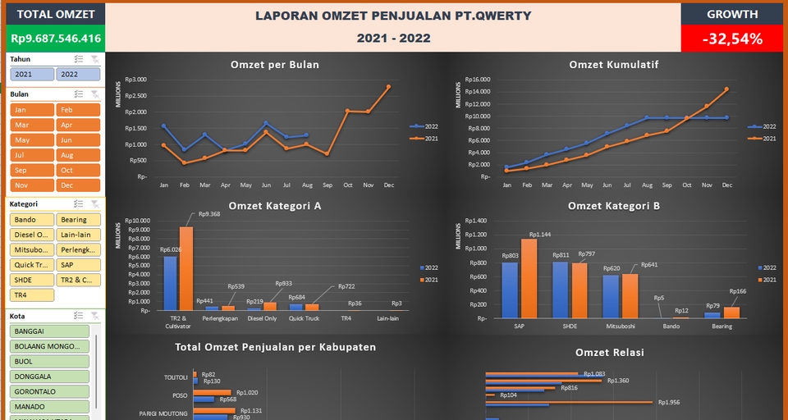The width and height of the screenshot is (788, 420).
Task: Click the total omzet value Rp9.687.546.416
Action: pos(56,38)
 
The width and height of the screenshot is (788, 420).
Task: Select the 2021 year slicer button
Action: pos(32,74)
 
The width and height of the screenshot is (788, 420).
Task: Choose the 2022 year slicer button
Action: pos(78,74)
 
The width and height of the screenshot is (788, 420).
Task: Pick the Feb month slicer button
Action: pos(78,110)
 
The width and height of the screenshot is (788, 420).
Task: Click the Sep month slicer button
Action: pos(32,170)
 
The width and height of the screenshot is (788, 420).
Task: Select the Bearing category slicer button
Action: pos(78,220)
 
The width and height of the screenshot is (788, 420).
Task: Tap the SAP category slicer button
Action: pos(78,264)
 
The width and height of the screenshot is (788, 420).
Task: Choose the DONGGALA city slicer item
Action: pos(49,376)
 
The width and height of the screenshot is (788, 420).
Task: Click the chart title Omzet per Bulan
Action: pos(275,65)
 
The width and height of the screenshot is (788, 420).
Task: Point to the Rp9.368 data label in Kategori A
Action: pos(209,214)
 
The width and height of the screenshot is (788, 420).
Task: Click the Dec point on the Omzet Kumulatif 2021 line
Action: pos(726,89)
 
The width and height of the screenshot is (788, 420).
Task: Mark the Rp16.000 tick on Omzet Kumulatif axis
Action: pos(478,80)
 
